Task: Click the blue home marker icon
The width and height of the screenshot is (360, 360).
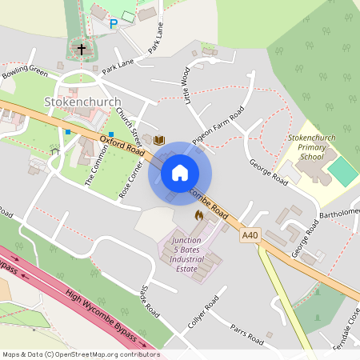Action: coord(180,172)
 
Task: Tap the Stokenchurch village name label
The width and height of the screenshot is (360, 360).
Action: coord(83,102)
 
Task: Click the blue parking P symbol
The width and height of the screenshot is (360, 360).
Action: coord(113,24)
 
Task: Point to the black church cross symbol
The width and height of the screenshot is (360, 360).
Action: coord(81,50)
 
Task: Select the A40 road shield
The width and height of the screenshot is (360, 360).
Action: coord(250,234)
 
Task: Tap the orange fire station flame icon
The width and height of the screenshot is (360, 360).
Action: coord(198,215)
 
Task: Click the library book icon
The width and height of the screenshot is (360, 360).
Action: coord(158,141)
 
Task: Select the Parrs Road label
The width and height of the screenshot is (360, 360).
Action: coord(247,334)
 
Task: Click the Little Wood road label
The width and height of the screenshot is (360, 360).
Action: coord(186,86)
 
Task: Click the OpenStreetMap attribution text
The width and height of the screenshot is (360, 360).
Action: coord(81,354)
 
